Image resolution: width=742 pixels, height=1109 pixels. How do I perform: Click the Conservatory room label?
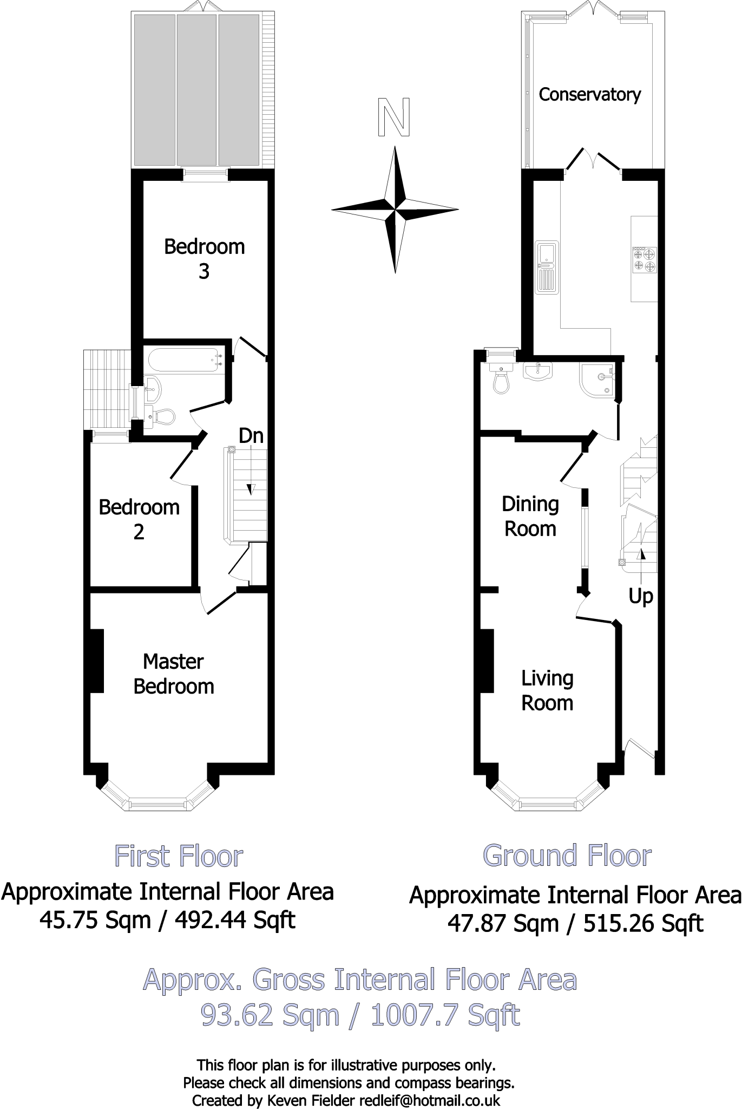click(x=589, y=95)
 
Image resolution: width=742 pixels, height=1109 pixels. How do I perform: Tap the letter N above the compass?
click(x=394, y=117)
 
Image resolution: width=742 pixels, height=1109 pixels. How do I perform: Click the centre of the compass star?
click(x=396, y=209)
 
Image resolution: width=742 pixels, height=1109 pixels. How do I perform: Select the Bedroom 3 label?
click(x=204, y=258)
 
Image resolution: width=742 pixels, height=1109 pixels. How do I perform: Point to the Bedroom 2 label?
click(x=139, y=519)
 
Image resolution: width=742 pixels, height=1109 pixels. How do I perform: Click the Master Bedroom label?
click(x=174, y=674)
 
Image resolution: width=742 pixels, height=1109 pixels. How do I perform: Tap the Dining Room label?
click(x=530, y=516)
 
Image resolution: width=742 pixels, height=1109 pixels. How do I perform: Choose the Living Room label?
click(x=547, y=690)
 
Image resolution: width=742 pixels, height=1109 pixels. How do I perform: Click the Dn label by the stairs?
click(x=251, y=436)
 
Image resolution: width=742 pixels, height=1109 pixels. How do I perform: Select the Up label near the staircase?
click(x=641, y=596)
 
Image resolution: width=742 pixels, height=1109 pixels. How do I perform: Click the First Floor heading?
click(x=179, y=856)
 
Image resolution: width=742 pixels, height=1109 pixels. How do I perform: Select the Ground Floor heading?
click(x=567, y=855)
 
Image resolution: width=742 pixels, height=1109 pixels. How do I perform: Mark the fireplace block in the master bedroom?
click(x=96, y=660)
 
